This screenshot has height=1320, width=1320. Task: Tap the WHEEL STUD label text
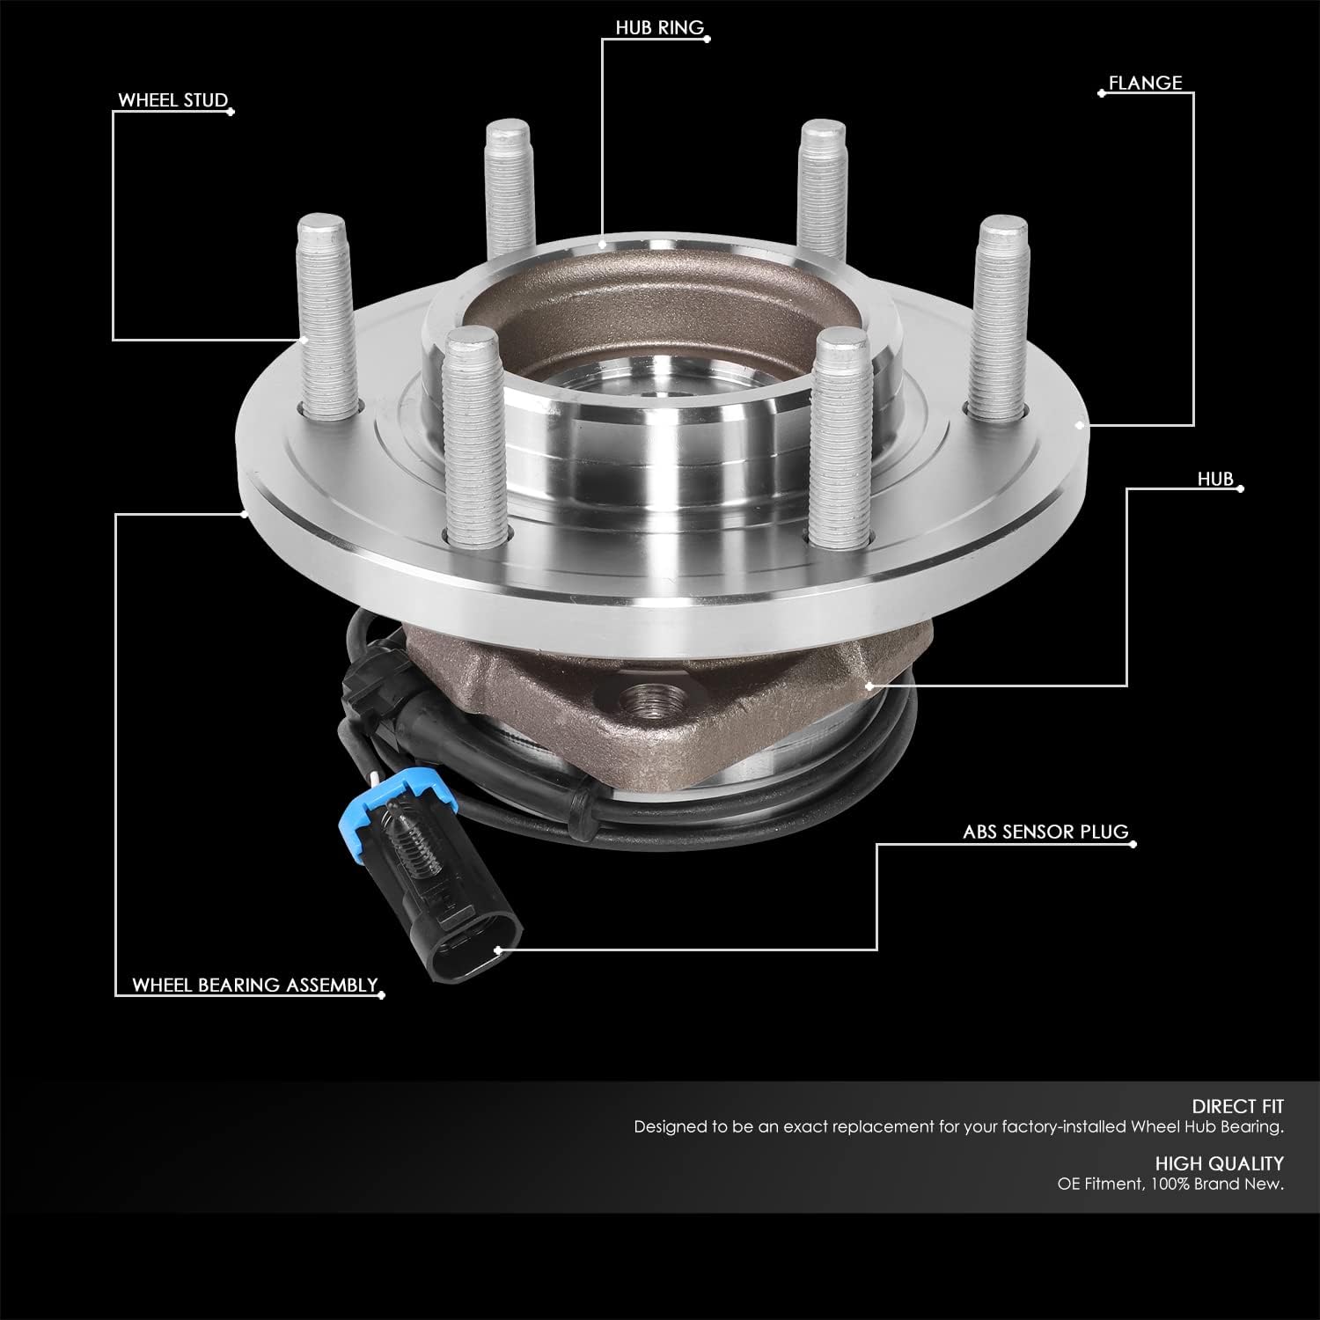[x=173, y=100]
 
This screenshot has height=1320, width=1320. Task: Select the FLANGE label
[x=1145, y=83]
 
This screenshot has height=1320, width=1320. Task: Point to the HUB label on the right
[x=1215, y=480]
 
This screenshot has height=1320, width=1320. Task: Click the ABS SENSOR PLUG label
[x=1045, y=832]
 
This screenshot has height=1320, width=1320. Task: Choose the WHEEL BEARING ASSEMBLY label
[x=255, y=985]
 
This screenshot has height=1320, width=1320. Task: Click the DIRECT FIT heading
[x=1237, y=1106]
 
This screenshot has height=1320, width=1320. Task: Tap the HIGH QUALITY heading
[x=1220, y=1163]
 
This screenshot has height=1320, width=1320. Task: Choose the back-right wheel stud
[x=823, y=185]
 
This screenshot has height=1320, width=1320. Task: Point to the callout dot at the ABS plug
[x=498, y=950]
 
